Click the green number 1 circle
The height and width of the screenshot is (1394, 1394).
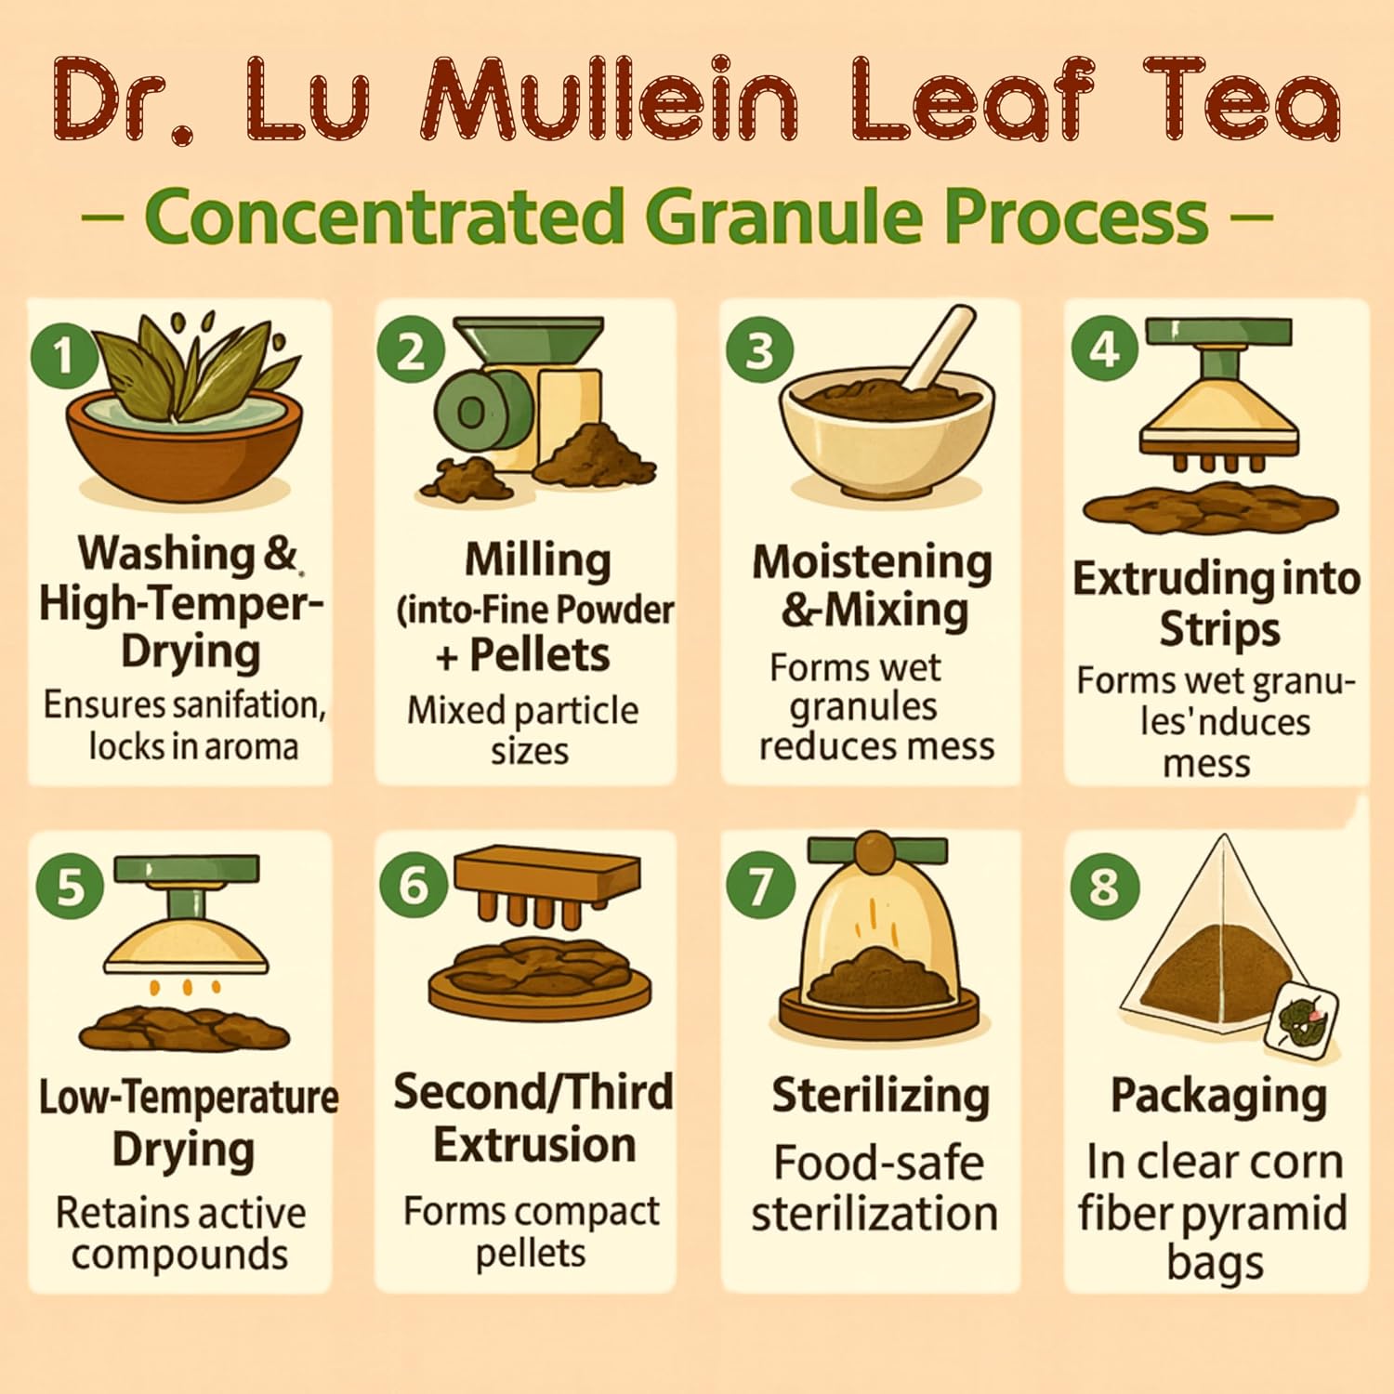[63, 355]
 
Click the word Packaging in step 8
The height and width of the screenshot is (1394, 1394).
[1218, 1097]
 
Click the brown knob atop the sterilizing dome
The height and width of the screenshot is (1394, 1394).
[875, 851]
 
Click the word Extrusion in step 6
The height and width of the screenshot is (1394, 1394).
[534, 1144]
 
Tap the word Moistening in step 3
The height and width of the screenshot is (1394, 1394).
[872, 563]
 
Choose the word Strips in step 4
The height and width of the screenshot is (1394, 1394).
[1219, 629]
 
